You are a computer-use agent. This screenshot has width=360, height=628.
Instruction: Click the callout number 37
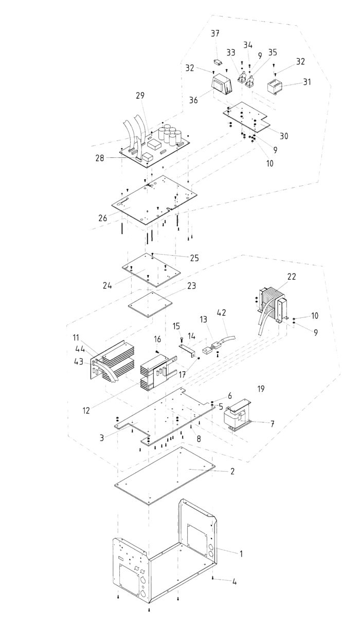[215, 33]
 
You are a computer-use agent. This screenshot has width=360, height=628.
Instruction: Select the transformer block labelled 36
[221, 84]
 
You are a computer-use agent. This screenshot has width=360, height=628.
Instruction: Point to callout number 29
[140, 96]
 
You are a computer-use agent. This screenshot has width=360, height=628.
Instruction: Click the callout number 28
[100, 158]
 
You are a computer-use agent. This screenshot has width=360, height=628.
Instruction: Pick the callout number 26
[103, 218]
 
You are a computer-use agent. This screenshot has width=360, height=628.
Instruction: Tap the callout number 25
[194, 258]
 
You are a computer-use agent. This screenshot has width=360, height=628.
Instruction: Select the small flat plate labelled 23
[150, 304]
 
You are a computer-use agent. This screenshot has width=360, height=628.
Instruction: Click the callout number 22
[292, 276]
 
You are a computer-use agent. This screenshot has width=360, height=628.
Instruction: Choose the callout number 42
[222, 313]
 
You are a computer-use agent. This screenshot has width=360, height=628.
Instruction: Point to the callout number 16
[157, 339]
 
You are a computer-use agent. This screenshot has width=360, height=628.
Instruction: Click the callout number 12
[86, 411]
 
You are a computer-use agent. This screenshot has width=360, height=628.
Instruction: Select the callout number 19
[261, 389]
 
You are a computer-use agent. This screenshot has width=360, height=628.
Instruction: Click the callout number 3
[102, 438]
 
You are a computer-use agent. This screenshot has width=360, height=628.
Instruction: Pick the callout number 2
[232, 471]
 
